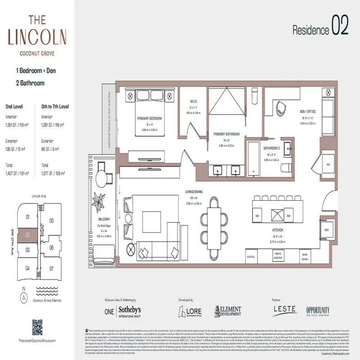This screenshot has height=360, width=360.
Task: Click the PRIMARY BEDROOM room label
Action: coord(149,118)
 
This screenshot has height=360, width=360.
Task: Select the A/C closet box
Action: coord(328,164)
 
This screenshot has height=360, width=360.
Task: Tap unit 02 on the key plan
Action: coord(27,234)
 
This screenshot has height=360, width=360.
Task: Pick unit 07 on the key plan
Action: coord(52,268)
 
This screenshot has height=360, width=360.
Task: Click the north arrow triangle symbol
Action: coord(23,297)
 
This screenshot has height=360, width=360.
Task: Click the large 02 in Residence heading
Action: coord(340,26)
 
